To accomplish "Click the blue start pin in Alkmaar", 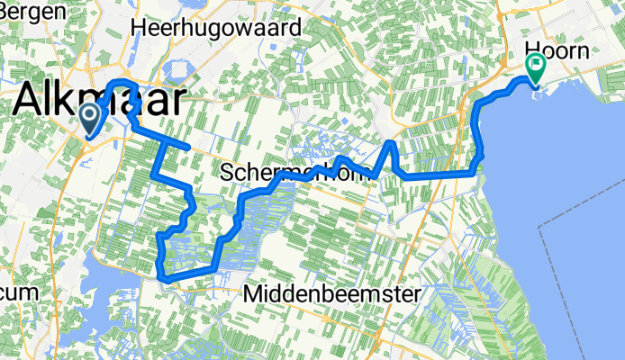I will click(90, 118).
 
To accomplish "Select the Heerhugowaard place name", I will click(215, 28).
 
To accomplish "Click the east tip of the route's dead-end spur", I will click(186, 145).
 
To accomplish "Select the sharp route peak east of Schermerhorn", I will click(390, 142).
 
